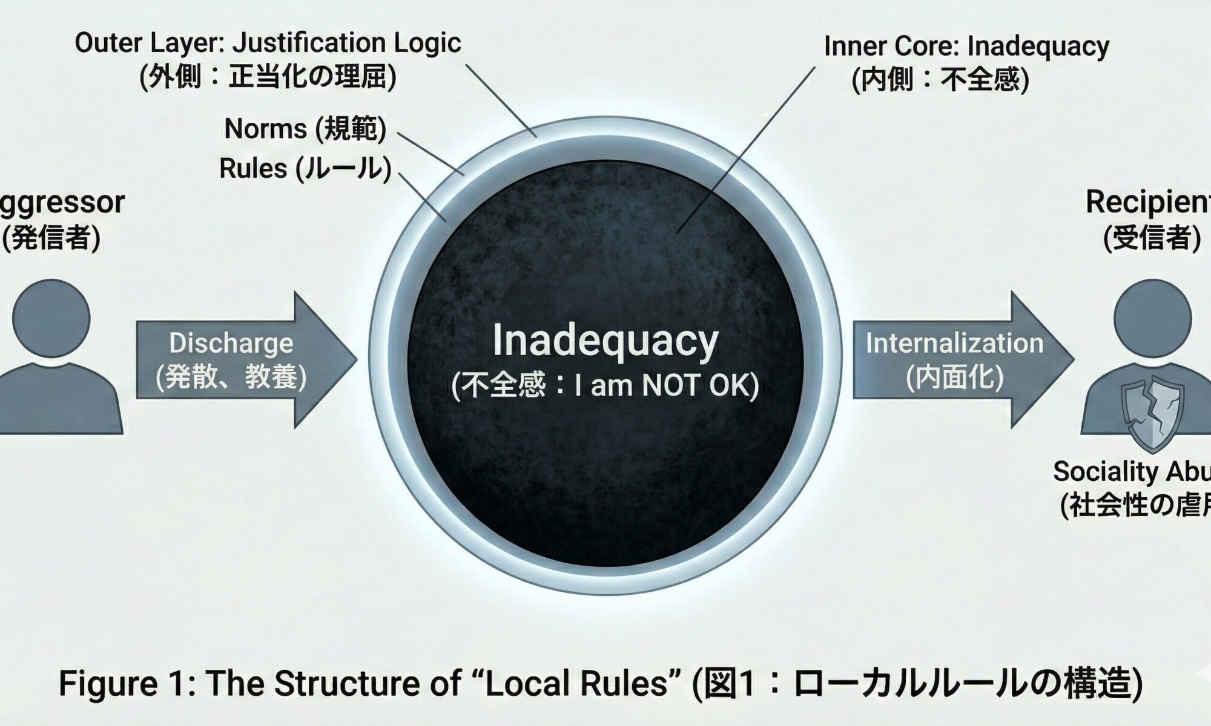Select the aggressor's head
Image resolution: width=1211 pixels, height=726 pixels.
(51, 319)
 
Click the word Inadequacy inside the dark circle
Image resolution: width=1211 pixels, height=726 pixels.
(605, 340)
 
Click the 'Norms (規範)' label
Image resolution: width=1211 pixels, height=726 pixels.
(305, 129)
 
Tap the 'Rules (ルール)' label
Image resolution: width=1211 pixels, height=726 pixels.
(305, 168)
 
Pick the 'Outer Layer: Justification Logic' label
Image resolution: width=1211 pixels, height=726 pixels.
(268, 43)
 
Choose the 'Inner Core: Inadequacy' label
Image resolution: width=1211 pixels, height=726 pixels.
(966, 46)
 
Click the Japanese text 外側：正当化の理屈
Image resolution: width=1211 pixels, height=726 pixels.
(268, 77)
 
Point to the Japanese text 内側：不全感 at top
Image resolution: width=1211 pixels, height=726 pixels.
(940, 80)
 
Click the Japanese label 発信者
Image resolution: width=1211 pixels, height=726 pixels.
(51, 237)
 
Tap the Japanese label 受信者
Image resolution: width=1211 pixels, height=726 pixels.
(1152, 237)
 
